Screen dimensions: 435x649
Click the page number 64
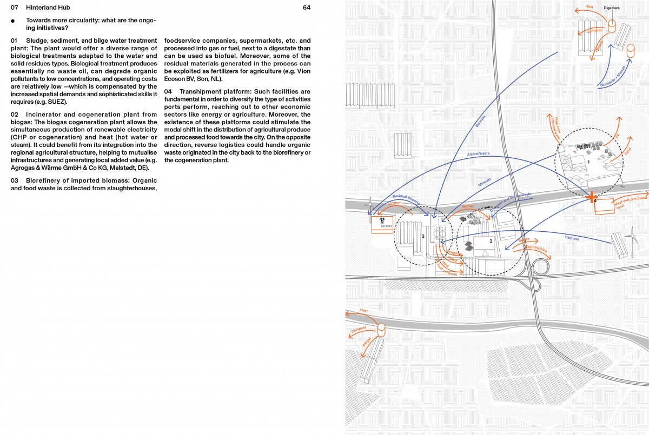pos(307,8)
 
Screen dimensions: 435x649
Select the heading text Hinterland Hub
pos(48,8)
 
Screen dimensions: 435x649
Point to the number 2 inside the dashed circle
pos(491,240)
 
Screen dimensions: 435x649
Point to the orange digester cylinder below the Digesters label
pos(612,25)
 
